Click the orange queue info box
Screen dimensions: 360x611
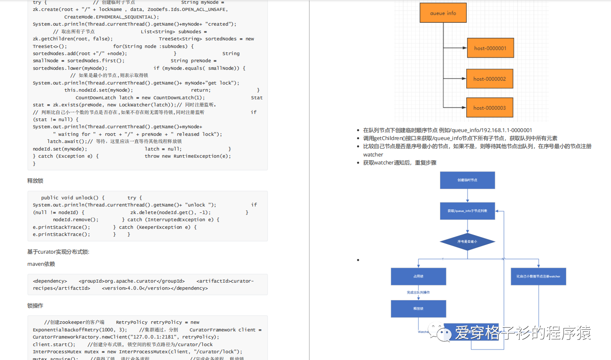click(443, 13)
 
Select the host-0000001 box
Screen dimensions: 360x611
click(490, 48)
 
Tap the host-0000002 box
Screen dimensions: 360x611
click(489, 79)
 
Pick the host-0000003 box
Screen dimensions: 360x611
click(489, 108)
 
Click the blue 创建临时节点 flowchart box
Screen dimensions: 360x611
click(467, 180)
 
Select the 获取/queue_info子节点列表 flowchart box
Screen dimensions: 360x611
click(467, 211)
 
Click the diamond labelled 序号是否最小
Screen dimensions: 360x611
click(467, 242)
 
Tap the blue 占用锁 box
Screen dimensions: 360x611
click(418, 276)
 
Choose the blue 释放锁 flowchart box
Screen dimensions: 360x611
click(418, 308)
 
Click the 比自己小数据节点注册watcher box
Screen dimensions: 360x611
click(538, 276)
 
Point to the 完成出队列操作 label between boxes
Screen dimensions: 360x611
click(418, 292)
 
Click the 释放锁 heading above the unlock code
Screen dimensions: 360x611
click(35, 181)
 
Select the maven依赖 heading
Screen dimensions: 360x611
click(41, 264)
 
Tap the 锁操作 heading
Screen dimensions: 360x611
click(35, 306)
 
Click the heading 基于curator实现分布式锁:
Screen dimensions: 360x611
click(58, 252)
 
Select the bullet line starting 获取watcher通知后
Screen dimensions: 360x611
click(399, 163)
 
